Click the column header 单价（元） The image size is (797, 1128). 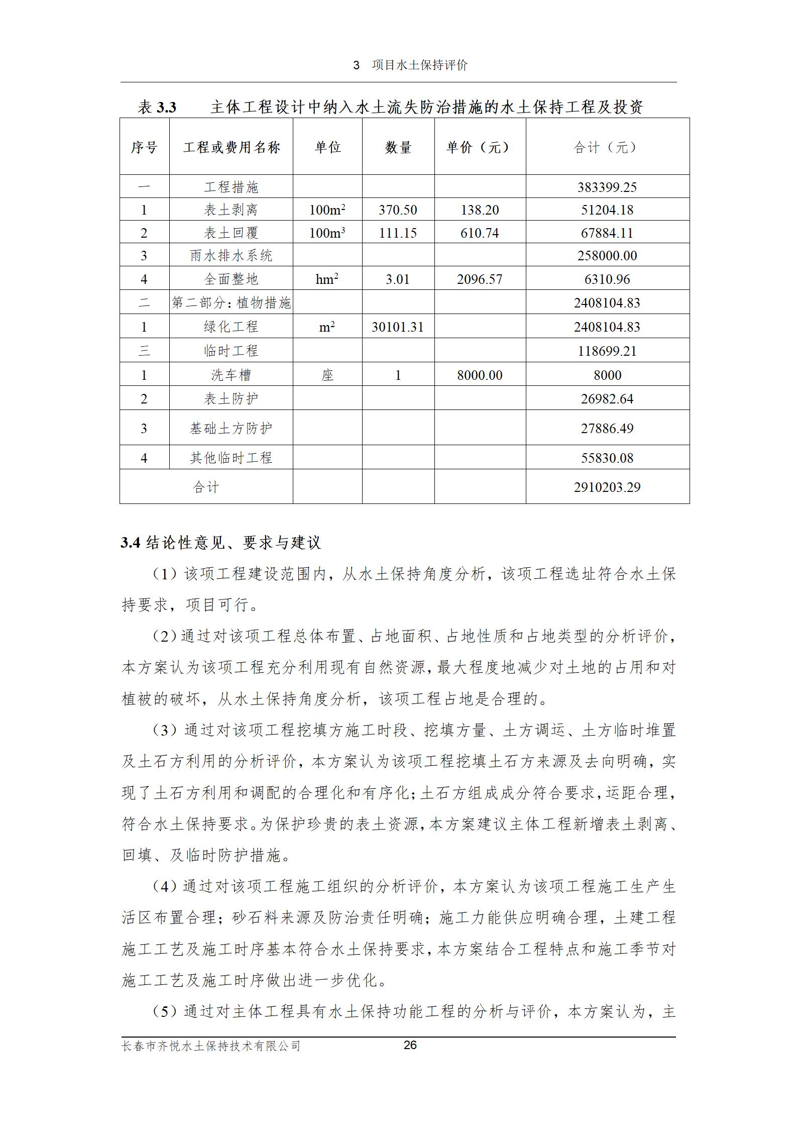pyautogui.click(x=479, y=147)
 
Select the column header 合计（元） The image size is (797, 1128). pyautogui.click(x=607, y=147)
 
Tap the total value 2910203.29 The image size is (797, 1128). pyautogui.click(x=607, y=487)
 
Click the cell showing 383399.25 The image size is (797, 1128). pyautogui.click(x=607, y=187)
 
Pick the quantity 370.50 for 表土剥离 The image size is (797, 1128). pyautogui.click(x=398, y=210)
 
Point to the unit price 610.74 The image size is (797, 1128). pyautogui.click(x=479, y=233)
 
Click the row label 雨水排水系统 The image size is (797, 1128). pyautogui.click(x=231, y=256)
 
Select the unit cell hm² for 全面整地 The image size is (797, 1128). pyautogui.click(x=327, y=279)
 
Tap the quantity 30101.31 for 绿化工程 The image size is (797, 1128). pyautogui.click(x=398, y=327)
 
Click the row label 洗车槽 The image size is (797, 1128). pyautogui.click(x=231, y=375)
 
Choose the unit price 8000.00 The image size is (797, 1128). pyautogui.click(x=479, y=375)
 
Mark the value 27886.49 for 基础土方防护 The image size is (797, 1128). pyautogui.click(x=607, y=429)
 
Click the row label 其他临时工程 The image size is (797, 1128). pyautogui.click(x=231, y=458)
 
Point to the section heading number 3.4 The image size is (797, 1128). pyautogui.click(x=130, y=543)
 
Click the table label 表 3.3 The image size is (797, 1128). pyautogui.click(x=157, y=107)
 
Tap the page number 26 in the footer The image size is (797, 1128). pyautogui.click(x=410, y=1045)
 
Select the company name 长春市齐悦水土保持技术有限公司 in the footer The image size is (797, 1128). pyautogui.click(x=211, y=1046)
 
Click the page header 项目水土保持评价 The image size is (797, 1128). pyautogui.click(x=419, y=65)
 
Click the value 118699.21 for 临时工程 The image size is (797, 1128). pyautogui.click(x=607, y=351)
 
